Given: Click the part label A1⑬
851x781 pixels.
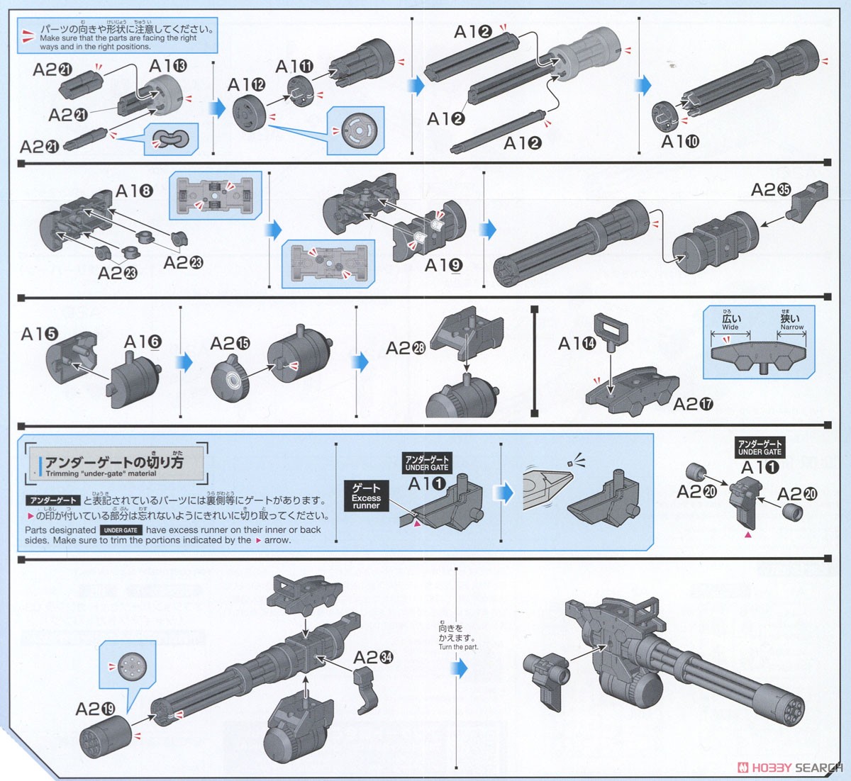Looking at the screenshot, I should tap(168, 67).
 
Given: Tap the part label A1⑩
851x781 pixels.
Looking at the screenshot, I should tap(680, 142).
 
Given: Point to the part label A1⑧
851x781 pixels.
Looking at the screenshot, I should tap(134, 191).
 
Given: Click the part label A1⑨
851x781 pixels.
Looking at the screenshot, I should tap(443, 265).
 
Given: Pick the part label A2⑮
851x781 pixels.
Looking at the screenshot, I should tap(230, 344).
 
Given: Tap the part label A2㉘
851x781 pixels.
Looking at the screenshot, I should tap(406, 348).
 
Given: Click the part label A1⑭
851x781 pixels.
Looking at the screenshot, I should tap(577, 344).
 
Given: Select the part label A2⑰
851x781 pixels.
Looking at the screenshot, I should tap(693, 404).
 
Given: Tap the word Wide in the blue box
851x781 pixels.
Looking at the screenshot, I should tap(730, 327).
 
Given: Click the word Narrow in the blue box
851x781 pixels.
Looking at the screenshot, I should tap(791, 327).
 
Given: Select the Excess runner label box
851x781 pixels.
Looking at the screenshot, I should tap(366, 496).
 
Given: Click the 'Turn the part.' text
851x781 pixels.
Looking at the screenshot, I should tap(458, 647).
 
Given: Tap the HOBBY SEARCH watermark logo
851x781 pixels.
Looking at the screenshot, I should tap(790, 768).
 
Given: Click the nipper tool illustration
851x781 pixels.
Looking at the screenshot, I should tap(547, 488).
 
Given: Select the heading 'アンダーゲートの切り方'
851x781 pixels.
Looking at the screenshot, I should tap(114, 463).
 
